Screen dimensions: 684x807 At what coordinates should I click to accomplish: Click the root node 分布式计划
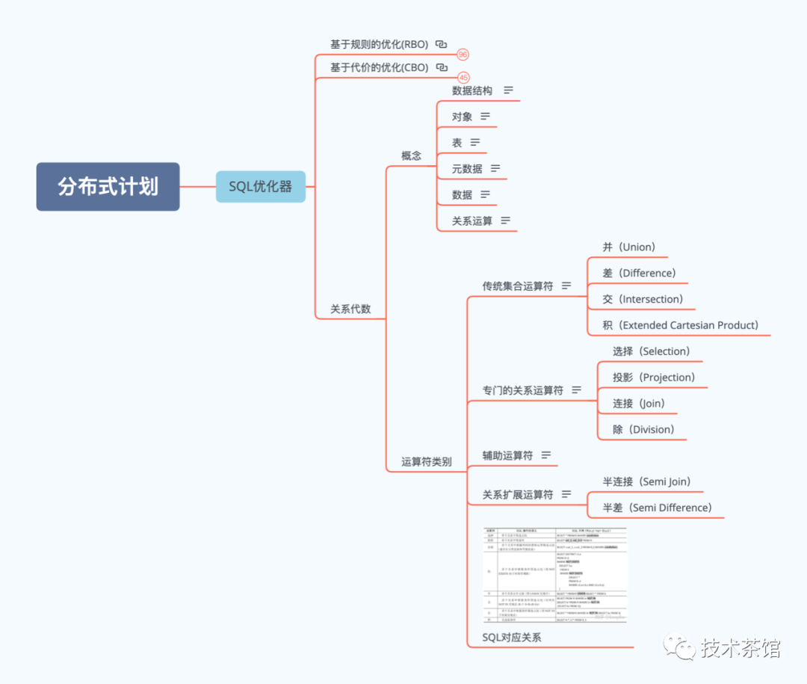[x=108, y=186]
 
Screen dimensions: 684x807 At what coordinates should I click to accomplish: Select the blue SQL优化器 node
[x=261, y=186]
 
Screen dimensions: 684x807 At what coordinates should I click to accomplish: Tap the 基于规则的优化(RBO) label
[x=379, y=44]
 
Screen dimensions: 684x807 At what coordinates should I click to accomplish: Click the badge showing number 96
[x=463, y=55]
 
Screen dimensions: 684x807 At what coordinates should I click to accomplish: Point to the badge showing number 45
[x=463, y=78]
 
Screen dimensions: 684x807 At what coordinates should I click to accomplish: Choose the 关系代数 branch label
[x=350, y=308]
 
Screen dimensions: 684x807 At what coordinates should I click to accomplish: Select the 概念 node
[x=411, y=155]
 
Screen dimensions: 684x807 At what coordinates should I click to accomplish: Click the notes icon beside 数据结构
[x=508, y=90]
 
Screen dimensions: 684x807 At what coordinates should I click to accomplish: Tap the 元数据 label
[x=467, y=169]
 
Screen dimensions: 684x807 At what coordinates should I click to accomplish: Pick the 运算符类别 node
[x=426, y=461]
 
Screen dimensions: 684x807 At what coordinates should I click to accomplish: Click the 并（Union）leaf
[x=628, y=247]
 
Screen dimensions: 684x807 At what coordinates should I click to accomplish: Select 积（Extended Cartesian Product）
[x=680, y=325]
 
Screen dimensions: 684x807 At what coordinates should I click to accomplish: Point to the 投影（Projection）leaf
[x=653, y=377]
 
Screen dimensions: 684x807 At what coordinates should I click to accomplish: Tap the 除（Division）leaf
[x=643, y=429]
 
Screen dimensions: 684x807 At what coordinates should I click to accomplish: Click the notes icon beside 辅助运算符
[x=546, y=455]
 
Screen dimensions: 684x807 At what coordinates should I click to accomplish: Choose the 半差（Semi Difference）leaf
[x=657, y=508]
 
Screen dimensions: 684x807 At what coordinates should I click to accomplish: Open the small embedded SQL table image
[x=555, y=575]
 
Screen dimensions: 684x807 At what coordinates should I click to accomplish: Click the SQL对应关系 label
[x=511, y=637]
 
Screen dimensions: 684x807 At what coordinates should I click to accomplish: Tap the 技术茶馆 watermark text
[x=740, y=648]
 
